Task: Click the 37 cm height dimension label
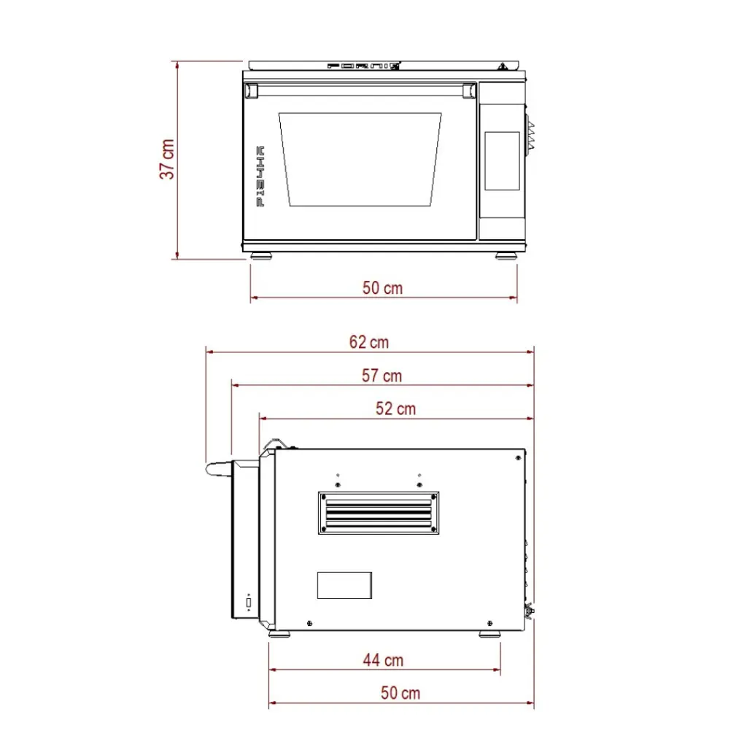pos(168,160)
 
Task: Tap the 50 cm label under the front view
pos(382,287)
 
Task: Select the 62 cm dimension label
pos(368,341)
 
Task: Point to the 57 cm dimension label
pos(382,376)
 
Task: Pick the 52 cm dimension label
pos(395,409)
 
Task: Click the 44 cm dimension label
pos(383,660)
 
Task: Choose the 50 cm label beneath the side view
pos(400,692)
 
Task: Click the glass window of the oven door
pos(360,159)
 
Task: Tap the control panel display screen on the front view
pos(502,160)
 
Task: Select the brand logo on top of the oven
pos(363,66)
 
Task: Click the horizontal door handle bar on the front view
pos(360,90)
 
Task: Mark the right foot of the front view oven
pos(505,256)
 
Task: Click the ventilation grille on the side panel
pos(379,513)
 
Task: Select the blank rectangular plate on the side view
pos(344,586)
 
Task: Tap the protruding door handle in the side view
pos(219,468)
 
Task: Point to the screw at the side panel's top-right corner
pos(517,457)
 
